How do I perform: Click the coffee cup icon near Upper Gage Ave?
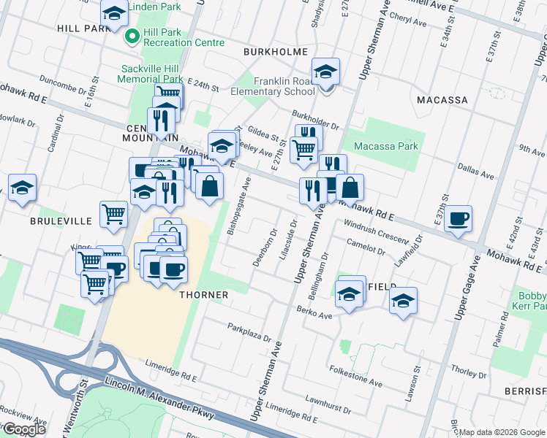coord(458,219)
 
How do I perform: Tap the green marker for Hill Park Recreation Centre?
coord(132,36)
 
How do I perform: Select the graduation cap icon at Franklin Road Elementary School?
coord(325,72)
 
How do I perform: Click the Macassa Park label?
coord(385,146)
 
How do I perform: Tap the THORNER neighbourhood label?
coord(204,295)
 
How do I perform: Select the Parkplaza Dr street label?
coord(249,333)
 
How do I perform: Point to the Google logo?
coord(23,429)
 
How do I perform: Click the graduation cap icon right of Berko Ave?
coord(403,300)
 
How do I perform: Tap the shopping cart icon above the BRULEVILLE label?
coord(113,215)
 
